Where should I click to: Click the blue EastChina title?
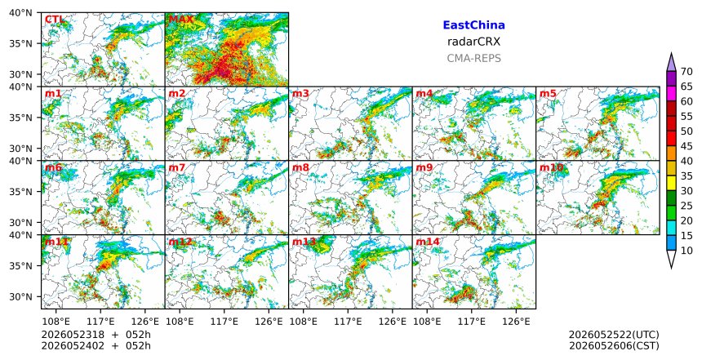(473, 25)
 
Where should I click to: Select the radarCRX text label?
(473, 42)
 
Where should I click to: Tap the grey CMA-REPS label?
(473, 58)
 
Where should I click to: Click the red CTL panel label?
(54, 20)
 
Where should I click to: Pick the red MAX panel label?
(181, 20)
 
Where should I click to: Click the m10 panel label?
(551, 167)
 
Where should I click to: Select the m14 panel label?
(428, 242)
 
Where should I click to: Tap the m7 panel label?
(176, 167)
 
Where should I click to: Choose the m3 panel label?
(300, 94)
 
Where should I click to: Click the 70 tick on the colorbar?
(686, 72)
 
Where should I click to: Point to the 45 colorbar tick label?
(686, 146)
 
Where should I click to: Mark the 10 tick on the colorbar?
(686, 251)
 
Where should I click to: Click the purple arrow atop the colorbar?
(671, 62)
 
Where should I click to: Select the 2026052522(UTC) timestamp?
(614, 336)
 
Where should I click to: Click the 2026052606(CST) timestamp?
(614, 346)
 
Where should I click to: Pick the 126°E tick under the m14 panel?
(516, 322)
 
